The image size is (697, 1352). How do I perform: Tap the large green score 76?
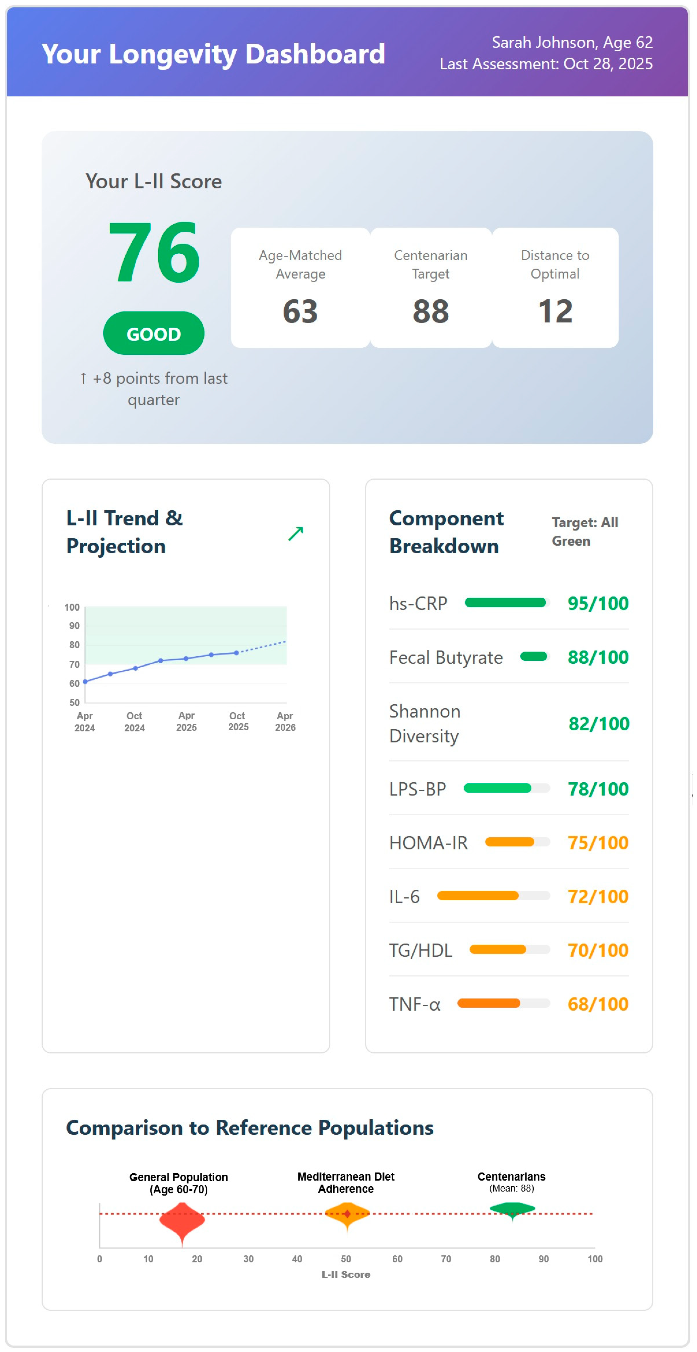pos(154,252)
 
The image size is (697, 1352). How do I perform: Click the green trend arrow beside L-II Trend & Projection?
pos(296,533)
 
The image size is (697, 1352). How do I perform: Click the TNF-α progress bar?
pos(504,1004)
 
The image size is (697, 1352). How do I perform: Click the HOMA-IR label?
pos(428,843)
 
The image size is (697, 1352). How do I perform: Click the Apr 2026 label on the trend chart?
pos(285,722)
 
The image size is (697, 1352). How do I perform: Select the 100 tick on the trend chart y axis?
pos(72,607)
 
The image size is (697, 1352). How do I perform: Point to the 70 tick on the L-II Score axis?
pos(446,1259)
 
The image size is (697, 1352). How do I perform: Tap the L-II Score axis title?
pos(346,1274)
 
